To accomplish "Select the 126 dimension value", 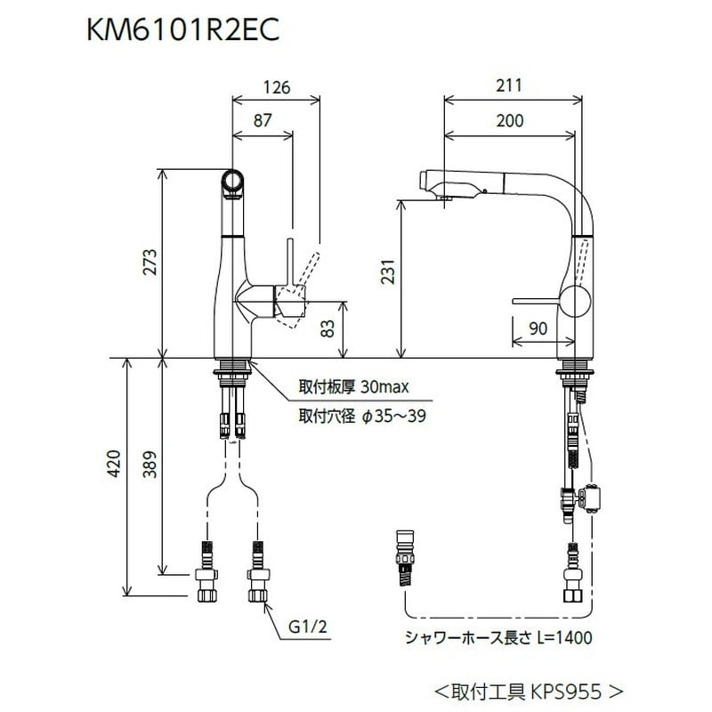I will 278,87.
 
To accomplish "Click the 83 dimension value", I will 328,330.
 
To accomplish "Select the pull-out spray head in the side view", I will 454,183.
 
